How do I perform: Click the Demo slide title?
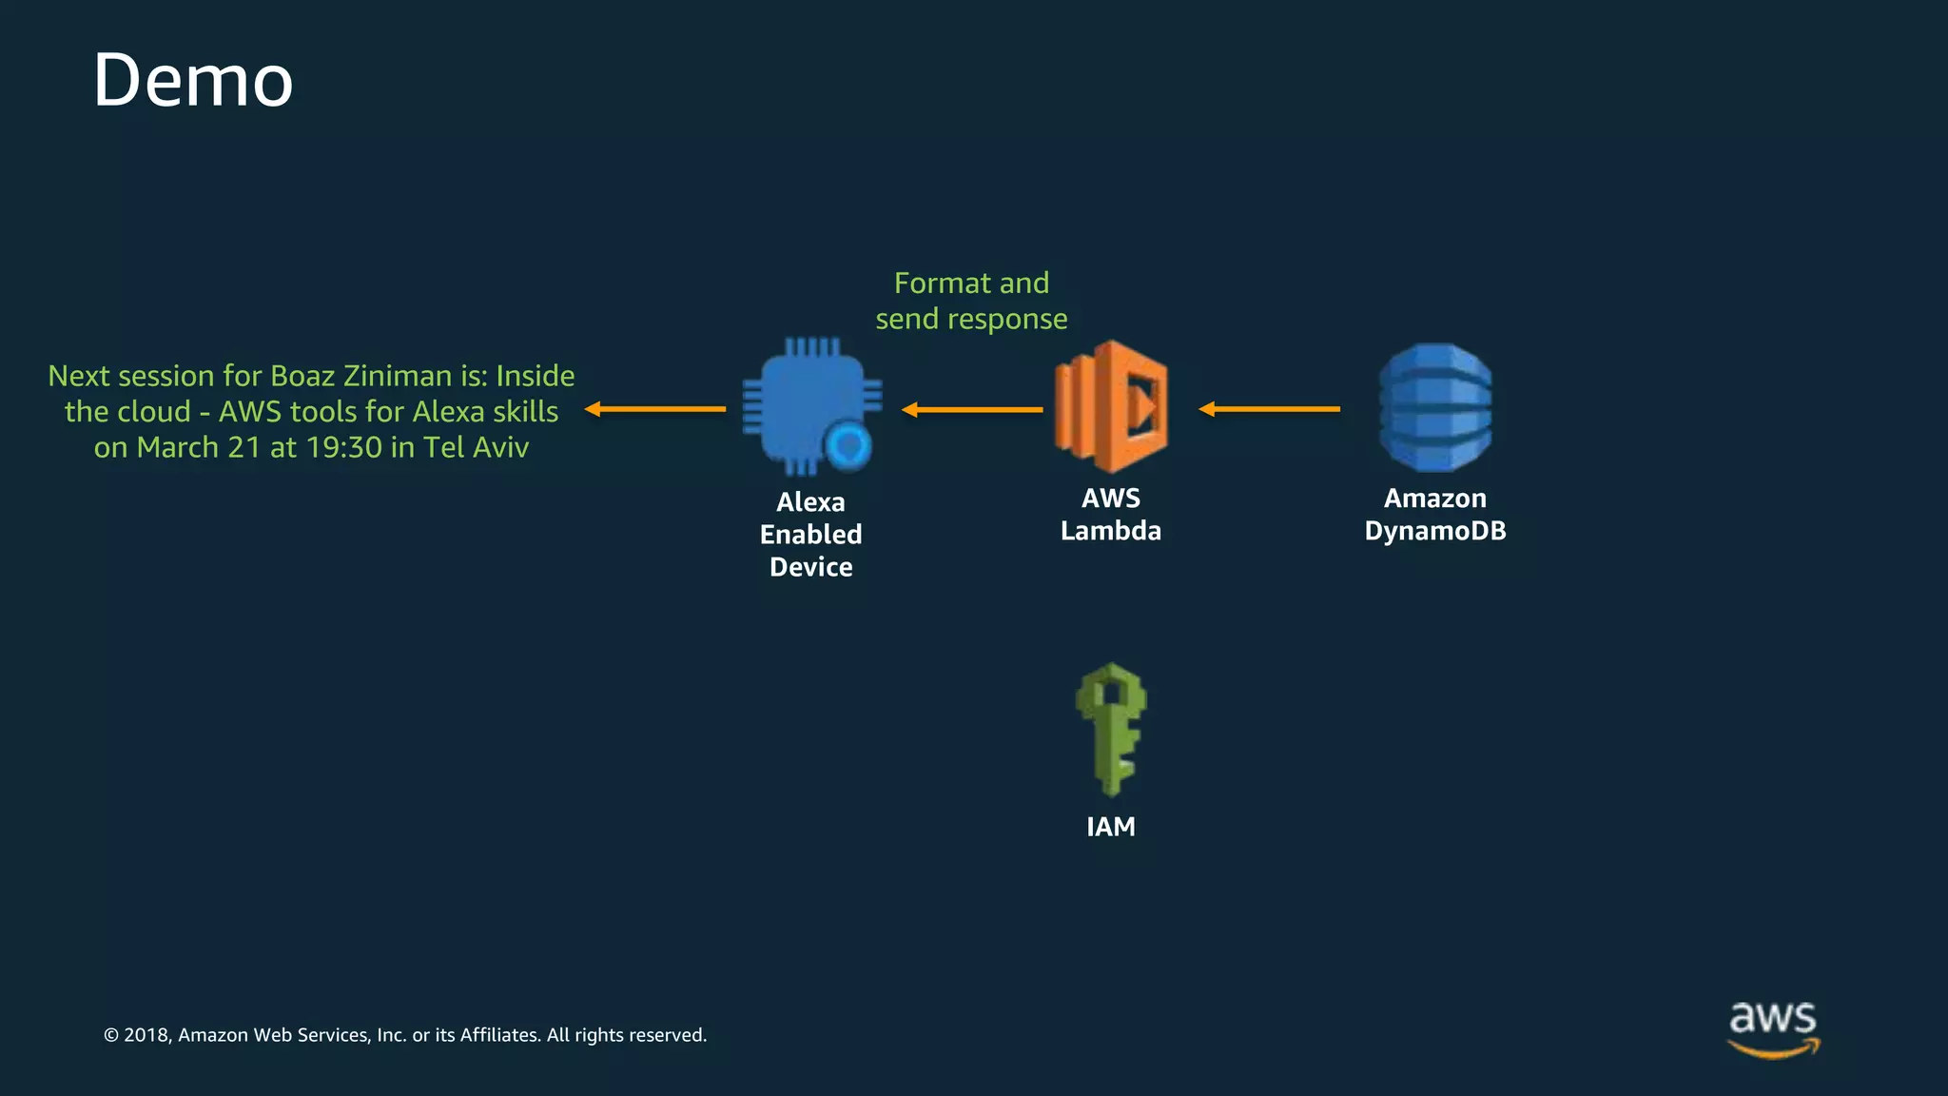[193, 81]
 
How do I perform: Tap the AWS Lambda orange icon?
[1111, 406]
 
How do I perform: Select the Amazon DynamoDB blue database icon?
[1435, 407]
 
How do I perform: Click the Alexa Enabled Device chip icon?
[804, 404]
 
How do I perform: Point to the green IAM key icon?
[1110, 729]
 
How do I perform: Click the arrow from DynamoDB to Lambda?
[1269, 409]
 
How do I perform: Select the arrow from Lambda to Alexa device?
[972, 410]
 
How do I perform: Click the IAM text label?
[1111, 827]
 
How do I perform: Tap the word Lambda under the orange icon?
[1111, 531]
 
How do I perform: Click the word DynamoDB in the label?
[1435, 531]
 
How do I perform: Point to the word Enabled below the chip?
[810, 535]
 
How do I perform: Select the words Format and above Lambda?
[971, 284]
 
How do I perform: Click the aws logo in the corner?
[1773, 1027]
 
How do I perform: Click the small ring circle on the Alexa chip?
[847, 445]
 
